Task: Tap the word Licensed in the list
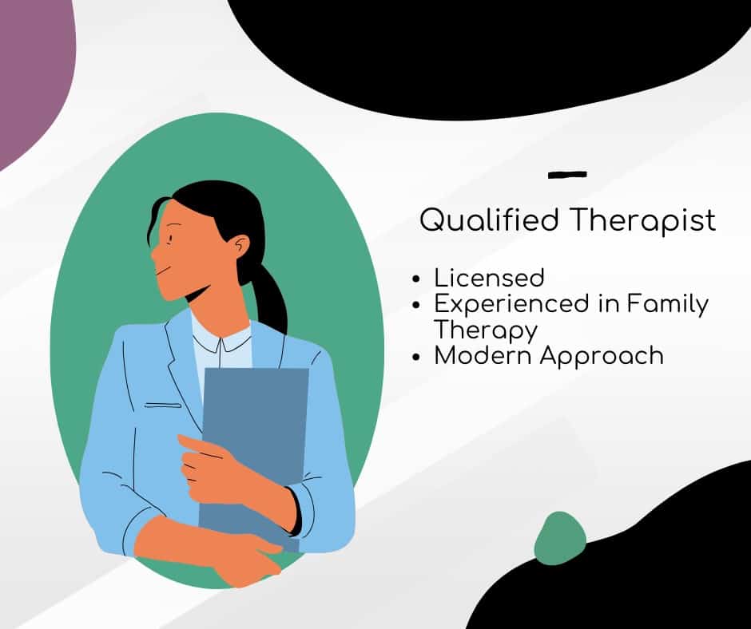[489, 278]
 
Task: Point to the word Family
[668, 304]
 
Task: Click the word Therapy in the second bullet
[485, 329]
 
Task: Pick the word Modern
[482, 355]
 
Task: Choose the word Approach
[602, 356]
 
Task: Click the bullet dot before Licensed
[415, 280]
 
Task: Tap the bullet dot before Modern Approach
[415, 357]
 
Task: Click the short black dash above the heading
[568, 174]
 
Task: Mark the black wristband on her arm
[295, 511]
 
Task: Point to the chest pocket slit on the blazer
[163, 405]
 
